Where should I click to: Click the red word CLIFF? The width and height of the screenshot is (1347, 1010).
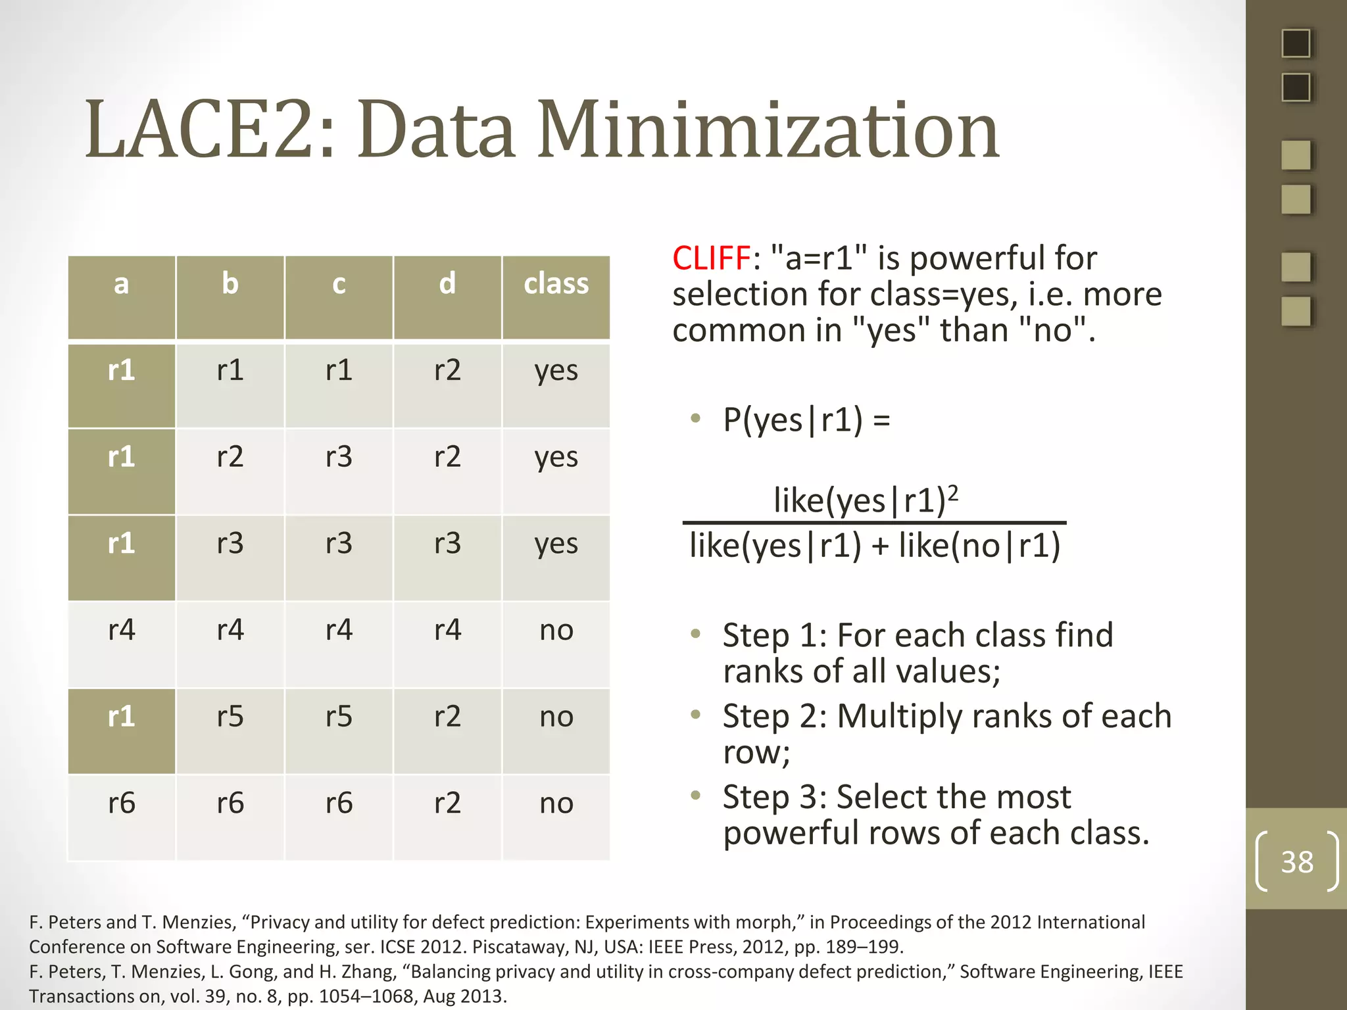pyautogui.click(x=711, y=258)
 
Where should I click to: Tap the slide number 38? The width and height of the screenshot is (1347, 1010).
pyautogui.click(x=1296, y=862)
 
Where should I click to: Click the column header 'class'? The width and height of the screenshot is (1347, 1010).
pyautogui.click(x=556, y=284)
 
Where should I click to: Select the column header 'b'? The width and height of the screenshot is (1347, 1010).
pyautogui.click(x=230, y=284)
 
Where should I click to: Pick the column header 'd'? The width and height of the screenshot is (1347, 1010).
pyautogui.click(x=447, y=284)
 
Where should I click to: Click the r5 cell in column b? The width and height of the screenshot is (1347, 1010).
pyautogui.click(x=230, y=717)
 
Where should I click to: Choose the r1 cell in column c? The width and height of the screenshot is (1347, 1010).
pyautogui.click(x=339, y=370)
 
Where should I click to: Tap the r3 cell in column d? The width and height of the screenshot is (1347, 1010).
pyautogui.click(x=447, y=544)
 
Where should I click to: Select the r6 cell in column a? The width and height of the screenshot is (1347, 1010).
pyautogui.click(x=122, y=804)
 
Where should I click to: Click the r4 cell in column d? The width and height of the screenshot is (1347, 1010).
pyautogui.click(x=447, y=630)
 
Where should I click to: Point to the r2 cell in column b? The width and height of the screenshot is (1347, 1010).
pyautogui.click(x=230, y=457)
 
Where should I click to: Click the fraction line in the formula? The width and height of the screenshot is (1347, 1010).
pyautogui.click(x=874, y=523)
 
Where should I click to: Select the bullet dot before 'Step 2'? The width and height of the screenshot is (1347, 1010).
pyautogui.click(x=696, y=715)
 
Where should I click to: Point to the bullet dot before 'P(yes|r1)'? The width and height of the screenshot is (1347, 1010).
pyautogui.click(x=696, y=418)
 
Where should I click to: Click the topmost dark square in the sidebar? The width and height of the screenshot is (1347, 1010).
pyautogui.click(x=1296, y=43)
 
